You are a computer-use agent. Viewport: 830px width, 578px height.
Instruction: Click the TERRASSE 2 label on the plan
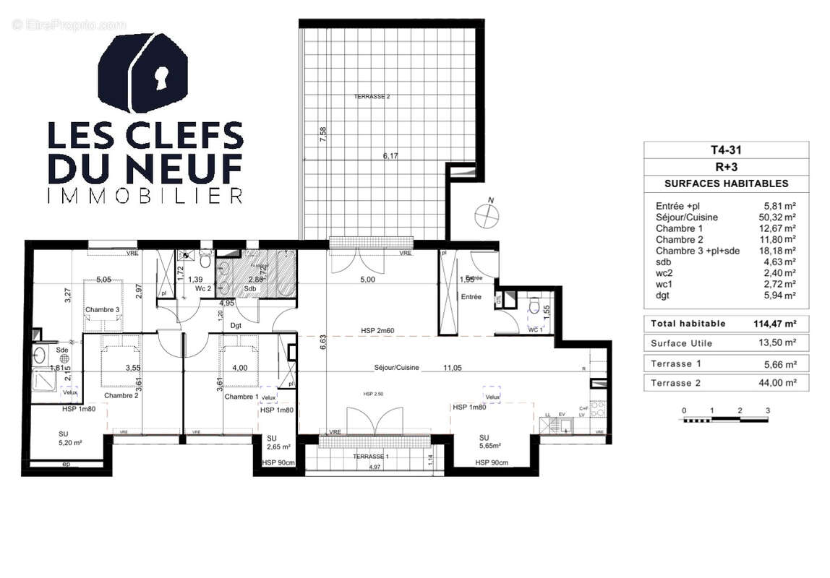(372, 97)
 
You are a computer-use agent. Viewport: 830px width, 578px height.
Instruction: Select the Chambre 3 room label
(103, 310)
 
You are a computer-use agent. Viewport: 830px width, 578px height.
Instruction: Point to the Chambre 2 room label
(121, 396)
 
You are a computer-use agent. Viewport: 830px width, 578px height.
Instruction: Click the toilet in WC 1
(536, 309)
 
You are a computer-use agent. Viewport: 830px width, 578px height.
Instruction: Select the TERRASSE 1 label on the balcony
(370, 457)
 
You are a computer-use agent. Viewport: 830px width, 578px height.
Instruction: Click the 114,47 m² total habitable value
(774, 324)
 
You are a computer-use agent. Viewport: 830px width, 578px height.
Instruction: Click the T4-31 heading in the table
(726, 151)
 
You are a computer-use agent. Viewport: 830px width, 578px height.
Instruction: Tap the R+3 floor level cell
(726, 168)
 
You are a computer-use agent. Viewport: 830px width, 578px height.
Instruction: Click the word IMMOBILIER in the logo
(145, 196)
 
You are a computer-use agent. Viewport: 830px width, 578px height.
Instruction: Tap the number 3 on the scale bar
(768, 410)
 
